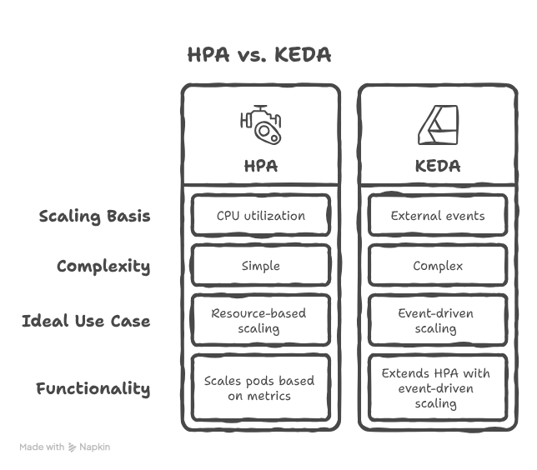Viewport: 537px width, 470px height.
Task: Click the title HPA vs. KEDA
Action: point(259,55)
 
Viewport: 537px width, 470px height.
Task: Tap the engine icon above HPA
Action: point(261,125)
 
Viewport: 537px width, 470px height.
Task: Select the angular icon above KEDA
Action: point(438,125)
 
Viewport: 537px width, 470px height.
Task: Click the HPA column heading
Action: point(261,166)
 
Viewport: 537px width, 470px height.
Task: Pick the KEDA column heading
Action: point(438,166)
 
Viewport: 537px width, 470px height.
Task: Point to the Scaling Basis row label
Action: point(94,217)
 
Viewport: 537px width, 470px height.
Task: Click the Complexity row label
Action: point(103,267)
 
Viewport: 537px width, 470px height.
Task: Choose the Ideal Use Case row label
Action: point(86,321)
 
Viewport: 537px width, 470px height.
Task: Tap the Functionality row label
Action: point(93,388)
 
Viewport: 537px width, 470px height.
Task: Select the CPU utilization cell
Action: point(261,215)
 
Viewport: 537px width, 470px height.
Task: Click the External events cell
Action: point(438,215)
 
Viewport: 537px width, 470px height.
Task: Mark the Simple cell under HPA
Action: point(261,265)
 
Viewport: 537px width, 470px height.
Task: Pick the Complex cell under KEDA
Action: point(438,265)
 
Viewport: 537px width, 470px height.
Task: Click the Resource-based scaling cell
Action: point(261,320)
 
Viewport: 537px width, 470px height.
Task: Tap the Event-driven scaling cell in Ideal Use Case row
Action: point(438,320)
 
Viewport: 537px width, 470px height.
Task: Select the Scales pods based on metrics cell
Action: point(261,387)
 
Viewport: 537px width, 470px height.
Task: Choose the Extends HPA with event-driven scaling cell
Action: point(438,387)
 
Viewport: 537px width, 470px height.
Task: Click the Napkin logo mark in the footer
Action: point(72,447)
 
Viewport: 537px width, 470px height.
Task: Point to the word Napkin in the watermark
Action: point(94,447)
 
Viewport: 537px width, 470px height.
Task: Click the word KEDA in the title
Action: point(303,55)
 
